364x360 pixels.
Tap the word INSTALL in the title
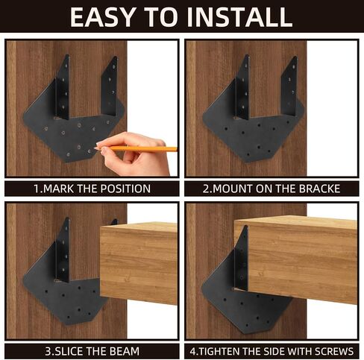pyautogui.click(x=239, y=17)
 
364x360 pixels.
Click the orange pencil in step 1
pyautogui.click(x=136, y=148)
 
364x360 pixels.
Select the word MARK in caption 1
pyautogui.click(x=59, y=189)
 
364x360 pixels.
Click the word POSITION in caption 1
pyautogui.click(x=125, y=189)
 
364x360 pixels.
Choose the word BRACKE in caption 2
pyautogui.click(x=319, y=189)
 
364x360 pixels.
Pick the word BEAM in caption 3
pyautogui.click(x=125, y=351)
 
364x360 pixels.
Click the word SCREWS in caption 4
pyautogui.click(x=334, y=351)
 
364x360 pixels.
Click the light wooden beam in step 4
pyautogui.click(x=297, y=259)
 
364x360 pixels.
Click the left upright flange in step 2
pyautogui.click(x=242, y=87)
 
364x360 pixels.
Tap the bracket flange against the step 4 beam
pyautogui.click(x=242, y=259)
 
